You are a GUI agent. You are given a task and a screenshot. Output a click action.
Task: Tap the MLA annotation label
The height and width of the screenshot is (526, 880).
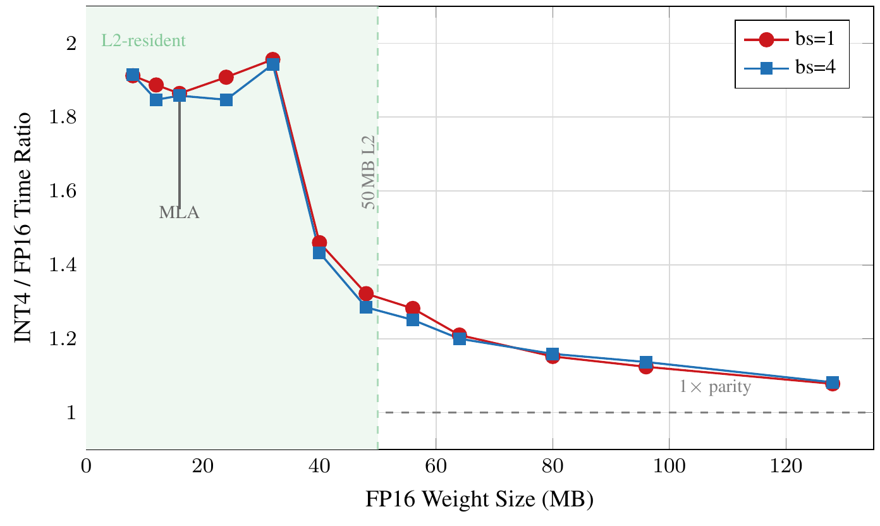pos(179,213)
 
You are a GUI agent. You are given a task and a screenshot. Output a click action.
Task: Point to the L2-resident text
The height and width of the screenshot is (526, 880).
pos(144,41)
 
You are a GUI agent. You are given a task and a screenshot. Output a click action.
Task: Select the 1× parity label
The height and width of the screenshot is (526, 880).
pos(715,387)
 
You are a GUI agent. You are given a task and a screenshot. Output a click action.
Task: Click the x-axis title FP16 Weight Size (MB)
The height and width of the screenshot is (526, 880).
pos(479,500)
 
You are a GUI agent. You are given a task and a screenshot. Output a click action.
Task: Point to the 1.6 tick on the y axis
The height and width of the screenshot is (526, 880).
pos(63,191)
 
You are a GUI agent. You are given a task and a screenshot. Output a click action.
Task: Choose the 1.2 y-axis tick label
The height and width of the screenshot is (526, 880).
pos(63,339)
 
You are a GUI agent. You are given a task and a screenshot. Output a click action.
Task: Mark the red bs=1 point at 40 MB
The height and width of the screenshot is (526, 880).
pos(319,242)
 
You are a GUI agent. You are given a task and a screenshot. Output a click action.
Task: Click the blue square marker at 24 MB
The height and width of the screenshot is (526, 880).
pos(226,100)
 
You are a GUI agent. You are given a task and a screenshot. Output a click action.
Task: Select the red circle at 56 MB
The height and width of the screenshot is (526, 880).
pos(413,309)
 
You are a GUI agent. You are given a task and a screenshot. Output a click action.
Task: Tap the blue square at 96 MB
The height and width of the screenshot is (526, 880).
pos(646,362)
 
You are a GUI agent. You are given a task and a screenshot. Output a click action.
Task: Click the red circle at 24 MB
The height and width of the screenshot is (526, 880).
pos(226,77)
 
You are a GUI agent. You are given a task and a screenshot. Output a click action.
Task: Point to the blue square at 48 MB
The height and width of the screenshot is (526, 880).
pos(366,307)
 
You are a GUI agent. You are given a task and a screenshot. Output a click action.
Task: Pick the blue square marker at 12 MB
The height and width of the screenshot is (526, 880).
pos(156,100)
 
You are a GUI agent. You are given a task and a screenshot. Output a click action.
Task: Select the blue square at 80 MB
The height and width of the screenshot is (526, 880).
pos(553,353)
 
